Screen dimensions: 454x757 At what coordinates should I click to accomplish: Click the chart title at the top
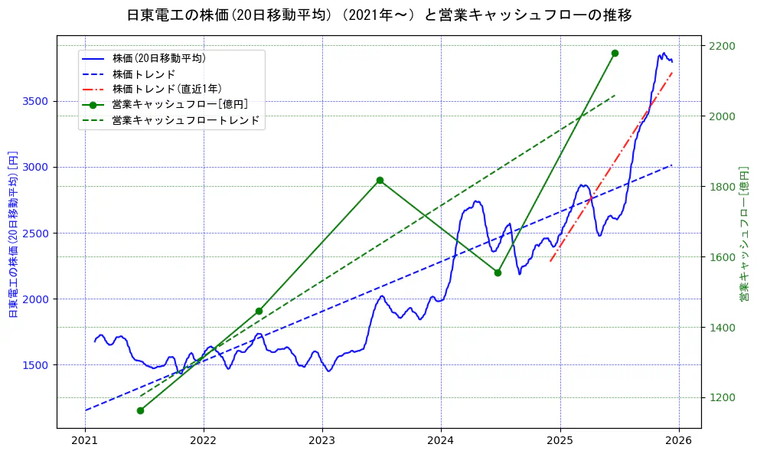click(379, 15)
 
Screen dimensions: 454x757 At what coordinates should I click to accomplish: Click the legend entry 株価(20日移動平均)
click(158, 58)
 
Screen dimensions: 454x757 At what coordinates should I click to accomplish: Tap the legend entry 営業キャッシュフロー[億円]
click(179, 105)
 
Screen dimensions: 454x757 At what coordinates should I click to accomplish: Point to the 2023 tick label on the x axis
click(322, 441)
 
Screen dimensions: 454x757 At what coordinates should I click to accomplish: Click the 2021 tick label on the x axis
click(85, 441)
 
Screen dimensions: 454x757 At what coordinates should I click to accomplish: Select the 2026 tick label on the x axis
click(678, 441)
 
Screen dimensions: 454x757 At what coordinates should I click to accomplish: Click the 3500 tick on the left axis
click(36, 101)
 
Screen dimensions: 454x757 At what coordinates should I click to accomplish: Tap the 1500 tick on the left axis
click(36, 365)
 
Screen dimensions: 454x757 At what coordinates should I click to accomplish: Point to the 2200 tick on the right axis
click(722, 46)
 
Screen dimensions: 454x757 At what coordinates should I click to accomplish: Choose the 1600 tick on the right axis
click(722, 257)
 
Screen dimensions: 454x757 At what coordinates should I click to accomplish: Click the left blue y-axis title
click(13, 234)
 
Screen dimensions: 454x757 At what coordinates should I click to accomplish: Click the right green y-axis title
click(744, 234)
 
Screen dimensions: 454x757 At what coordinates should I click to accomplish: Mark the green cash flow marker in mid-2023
click(380, 180)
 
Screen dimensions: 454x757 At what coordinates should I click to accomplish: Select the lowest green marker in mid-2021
click(140, 410)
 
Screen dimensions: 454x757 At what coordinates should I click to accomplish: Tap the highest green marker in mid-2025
click(615, 53)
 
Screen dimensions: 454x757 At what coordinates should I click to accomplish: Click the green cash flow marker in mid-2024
click(498, 273)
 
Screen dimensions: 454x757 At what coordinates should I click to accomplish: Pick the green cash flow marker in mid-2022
click(259, 311)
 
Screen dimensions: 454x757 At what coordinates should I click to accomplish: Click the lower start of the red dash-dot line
click(550, 262)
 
